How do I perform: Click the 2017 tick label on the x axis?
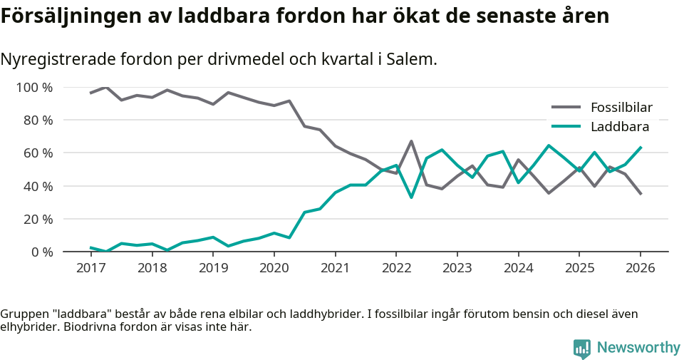coord(90,268)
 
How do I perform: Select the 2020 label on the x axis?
coord(274,268)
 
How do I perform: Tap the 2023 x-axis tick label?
coord(457,268)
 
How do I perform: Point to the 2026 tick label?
coord(640,268)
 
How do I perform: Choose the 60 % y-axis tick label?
coord(38,153)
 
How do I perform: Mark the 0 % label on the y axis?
coord(41,252)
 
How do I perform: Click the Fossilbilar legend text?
coord(621,108)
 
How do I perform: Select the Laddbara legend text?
coord(620,127)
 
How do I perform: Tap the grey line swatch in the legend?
coord(566,108)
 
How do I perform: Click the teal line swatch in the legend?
coord(566,127)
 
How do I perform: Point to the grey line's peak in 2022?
coord(411,141)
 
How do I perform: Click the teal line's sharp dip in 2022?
coord(411,197)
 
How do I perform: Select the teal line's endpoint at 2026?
coord(641,148)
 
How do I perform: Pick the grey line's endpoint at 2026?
coord(641,194)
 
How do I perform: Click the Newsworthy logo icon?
coord(581,349)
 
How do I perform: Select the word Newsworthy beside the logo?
coord(638,348)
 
